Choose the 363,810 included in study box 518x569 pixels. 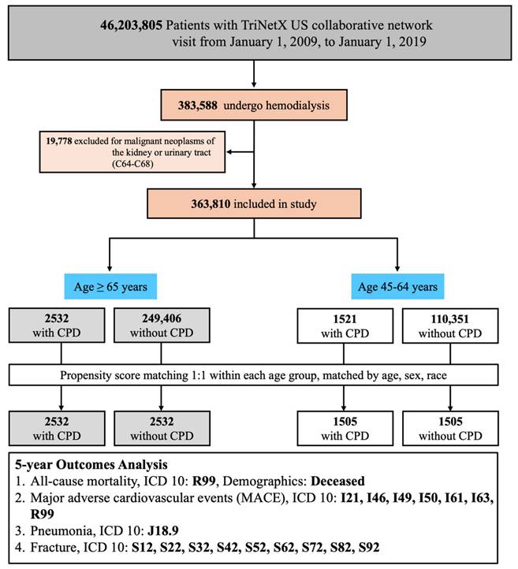253,205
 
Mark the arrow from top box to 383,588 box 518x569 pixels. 253,74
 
